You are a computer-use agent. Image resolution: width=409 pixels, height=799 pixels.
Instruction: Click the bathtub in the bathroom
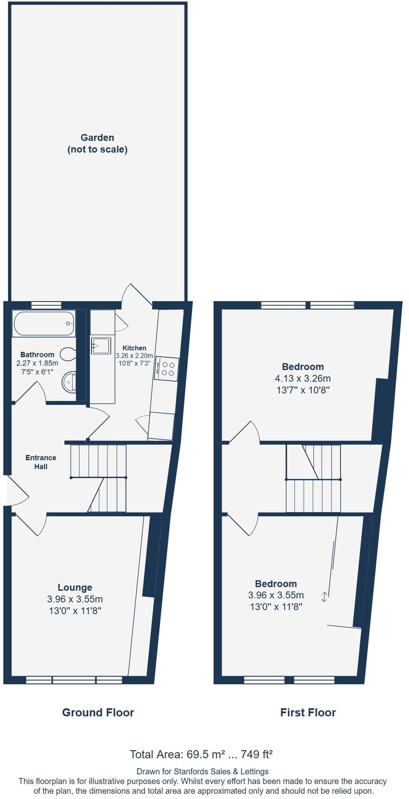point(44,323)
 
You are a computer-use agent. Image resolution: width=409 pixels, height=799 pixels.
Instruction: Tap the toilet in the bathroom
point(68,355)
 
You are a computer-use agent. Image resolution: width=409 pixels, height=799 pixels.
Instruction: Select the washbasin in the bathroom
point(69,382)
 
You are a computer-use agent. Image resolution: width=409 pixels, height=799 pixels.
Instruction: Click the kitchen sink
point(101,346)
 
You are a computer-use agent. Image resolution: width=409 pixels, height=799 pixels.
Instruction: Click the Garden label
point(97,138)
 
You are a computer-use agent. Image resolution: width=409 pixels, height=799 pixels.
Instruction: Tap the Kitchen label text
point(134,348)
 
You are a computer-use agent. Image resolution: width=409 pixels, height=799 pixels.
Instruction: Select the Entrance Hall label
point(41,462)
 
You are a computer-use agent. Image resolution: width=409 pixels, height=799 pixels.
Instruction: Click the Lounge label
point(75,587)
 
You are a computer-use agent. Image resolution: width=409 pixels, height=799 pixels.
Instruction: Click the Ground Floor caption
point(98,713)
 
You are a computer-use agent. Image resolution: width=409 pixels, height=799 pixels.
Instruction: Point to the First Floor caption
point(308,713)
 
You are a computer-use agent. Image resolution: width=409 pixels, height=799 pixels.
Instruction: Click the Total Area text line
point(201,754)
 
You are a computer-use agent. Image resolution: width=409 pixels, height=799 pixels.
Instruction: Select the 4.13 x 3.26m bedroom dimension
point(303,378)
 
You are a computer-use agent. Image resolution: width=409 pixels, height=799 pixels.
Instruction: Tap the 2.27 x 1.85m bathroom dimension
point(37,363)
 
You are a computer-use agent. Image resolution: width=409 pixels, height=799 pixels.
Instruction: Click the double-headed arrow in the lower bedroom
point(324,596)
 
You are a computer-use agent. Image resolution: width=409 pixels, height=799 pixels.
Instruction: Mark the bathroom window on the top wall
point(46,305)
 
